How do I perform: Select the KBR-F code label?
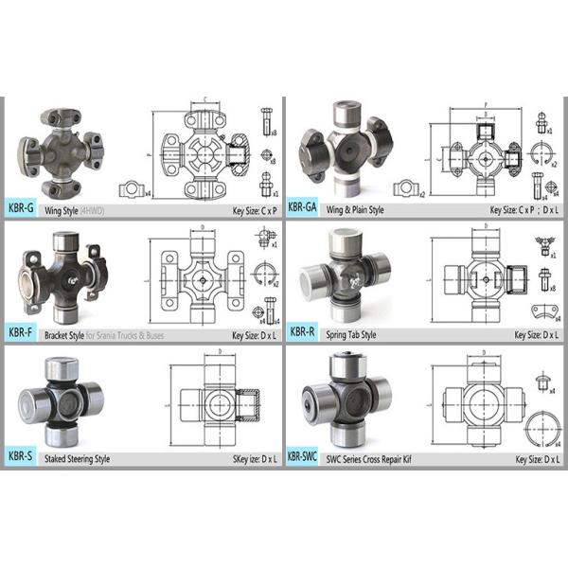[20, 332]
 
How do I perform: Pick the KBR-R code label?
[302, 332]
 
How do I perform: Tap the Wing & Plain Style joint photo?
[346, 147]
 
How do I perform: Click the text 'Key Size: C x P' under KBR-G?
[249, 211]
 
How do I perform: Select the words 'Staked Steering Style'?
[78, 459]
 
